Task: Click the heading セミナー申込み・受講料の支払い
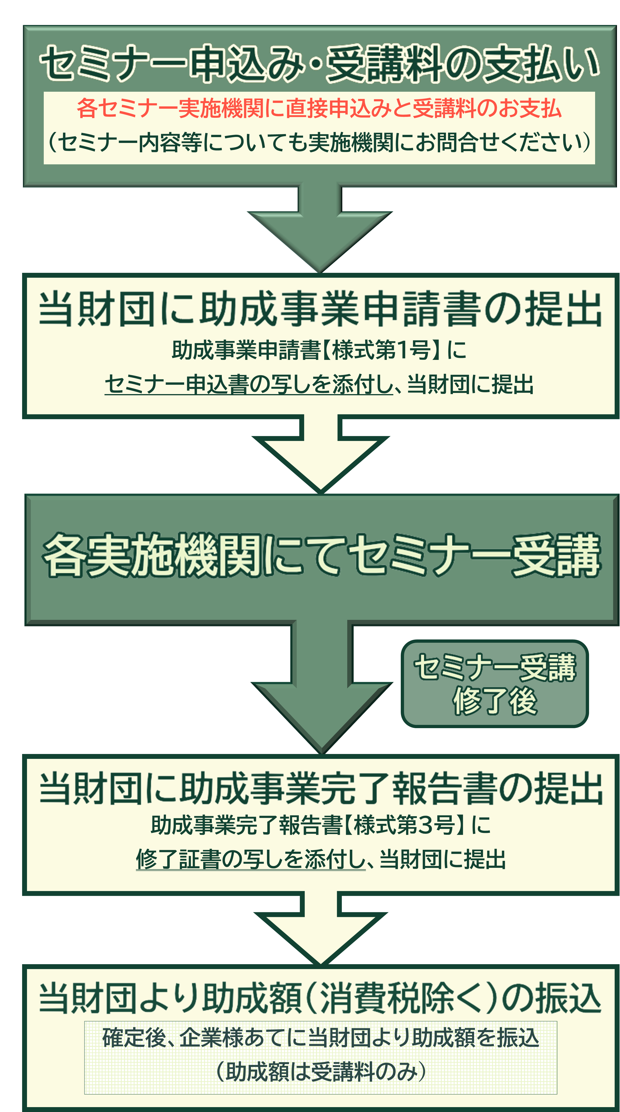(x=319, y=64)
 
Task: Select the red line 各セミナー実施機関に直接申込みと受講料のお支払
(x=319, y=108)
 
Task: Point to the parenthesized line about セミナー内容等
(x=319, y=142)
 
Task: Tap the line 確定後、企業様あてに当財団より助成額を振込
(x=320, y=1037)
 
